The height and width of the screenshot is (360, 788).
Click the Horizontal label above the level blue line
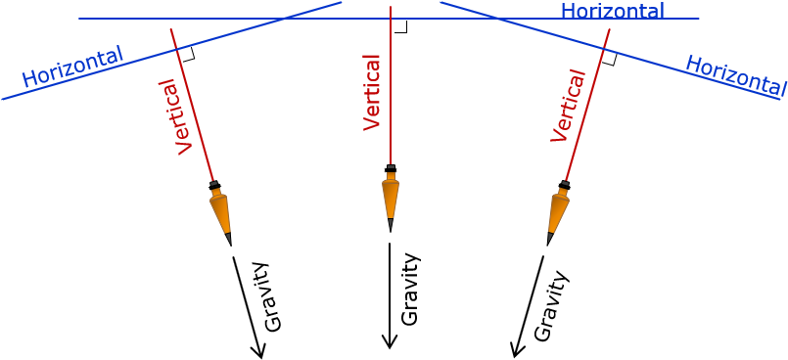pos(612,11)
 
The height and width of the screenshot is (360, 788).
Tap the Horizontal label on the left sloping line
pos(71,67)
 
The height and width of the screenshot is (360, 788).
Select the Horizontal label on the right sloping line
pos(733,74)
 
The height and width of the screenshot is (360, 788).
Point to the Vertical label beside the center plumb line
pos(372,92)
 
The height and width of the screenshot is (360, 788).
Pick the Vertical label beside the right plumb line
pos(568,106)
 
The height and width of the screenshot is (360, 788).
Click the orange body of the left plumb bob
pos(220,211)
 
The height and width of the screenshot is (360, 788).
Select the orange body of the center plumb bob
pos(391,197)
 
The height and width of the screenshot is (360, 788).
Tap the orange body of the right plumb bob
pos(557,211)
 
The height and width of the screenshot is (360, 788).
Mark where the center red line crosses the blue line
pos(391,19)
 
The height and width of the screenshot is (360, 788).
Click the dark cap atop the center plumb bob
pos(391,168)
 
